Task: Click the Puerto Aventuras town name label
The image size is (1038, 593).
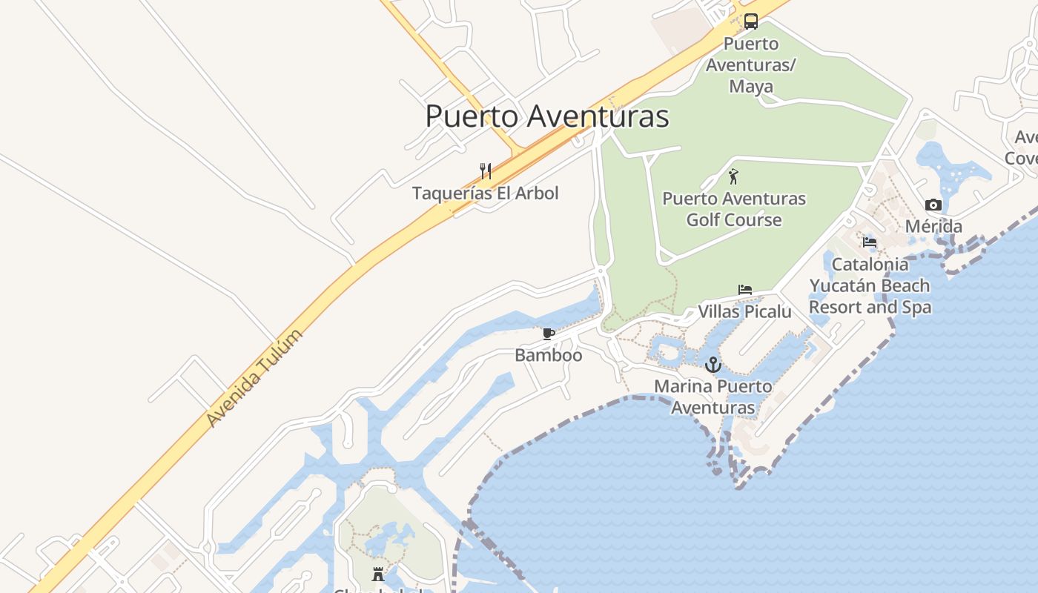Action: [547, 116]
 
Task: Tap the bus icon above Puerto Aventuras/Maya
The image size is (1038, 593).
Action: [751, 21]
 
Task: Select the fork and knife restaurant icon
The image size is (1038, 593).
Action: [486, 171]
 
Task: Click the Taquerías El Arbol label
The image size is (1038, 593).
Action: [486, 193]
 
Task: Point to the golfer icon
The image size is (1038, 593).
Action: [733, 176]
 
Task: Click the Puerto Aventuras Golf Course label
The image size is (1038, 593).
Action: [734, 209]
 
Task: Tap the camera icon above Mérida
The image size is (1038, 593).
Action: [933, 205]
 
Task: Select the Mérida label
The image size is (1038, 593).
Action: [933, 226]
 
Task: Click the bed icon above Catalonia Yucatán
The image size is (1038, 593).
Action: [870, 242]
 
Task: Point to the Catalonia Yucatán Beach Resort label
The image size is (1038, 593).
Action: [870, 285]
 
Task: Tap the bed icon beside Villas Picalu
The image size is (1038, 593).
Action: [745, 289]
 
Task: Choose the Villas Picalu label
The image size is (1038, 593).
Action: [745, 311]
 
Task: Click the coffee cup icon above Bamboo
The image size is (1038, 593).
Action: [549, 334]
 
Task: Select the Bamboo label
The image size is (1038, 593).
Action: [549, 355]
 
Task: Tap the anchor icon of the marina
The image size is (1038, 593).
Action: [713, 364]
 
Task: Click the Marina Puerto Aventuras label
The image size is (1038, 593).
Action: [713, 397]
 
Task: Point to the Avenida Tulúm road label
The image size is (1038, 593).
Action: [254, 378]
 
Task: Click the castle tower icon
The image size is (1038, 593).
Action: [378, 574]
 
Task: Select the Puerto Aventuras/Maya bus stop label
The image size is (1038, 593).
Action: [750, 64]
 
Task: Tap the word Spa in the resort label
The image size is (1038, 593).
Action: [916, 307]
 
